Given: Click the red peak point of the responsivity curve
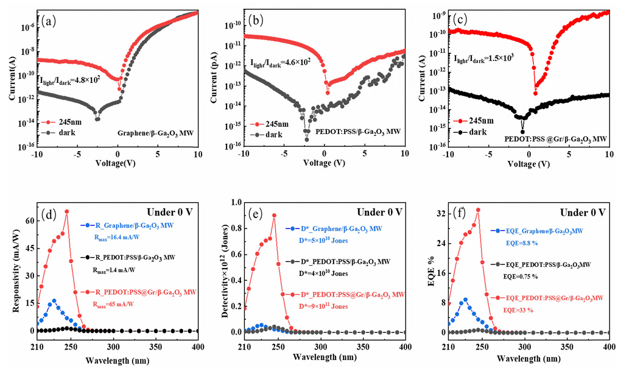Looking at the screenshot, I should click(66, 211).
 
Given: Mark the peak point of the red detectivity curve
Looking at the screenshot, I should click(274, 215).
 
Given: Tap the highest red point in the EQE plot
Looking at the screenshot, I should click(478, 210).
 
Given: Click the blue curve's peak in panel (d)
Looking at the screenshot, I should click(54, 300).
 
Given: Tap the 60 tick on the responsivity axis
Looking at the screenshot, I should click(29, 219).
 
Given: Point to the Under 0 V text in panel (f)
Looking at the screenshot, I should click(581, 212).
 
